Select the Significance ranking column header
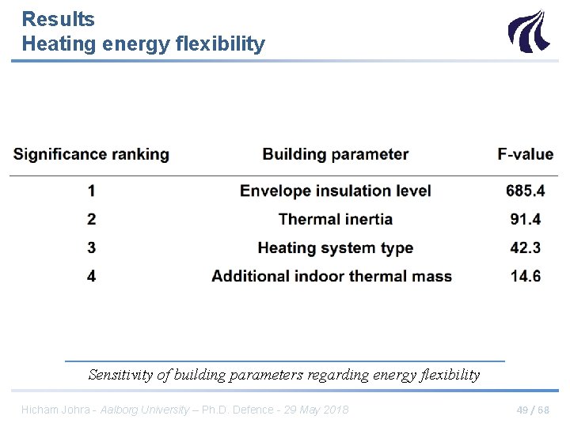[x=91, y=154]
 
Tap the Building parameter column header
[x=336, y=154]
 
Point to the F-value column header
[x=526, y=154]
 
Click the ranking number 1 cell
[x=92, y=191]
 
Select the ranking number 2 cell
[x=92, y=219]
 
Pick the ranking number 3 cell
[x=92, y=248]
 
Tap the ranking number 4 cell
[x=92, y=276]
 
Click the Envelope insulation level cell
[x=336, y=191]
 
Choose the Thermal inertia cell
[x=336, y=219]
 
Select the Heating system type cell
[x=336, y=248]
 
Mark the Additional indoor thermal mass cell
[x=332, y=276]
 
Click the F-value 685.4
[x=526, y=191]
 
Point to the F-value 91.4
[x=526, y=219]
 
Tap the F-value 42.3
[x=526, y=248]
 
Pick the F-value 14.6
[x=526, y=276]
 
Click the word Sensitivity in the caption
[x=121, y=375]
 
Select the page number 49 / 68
[x=532, y=410]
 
